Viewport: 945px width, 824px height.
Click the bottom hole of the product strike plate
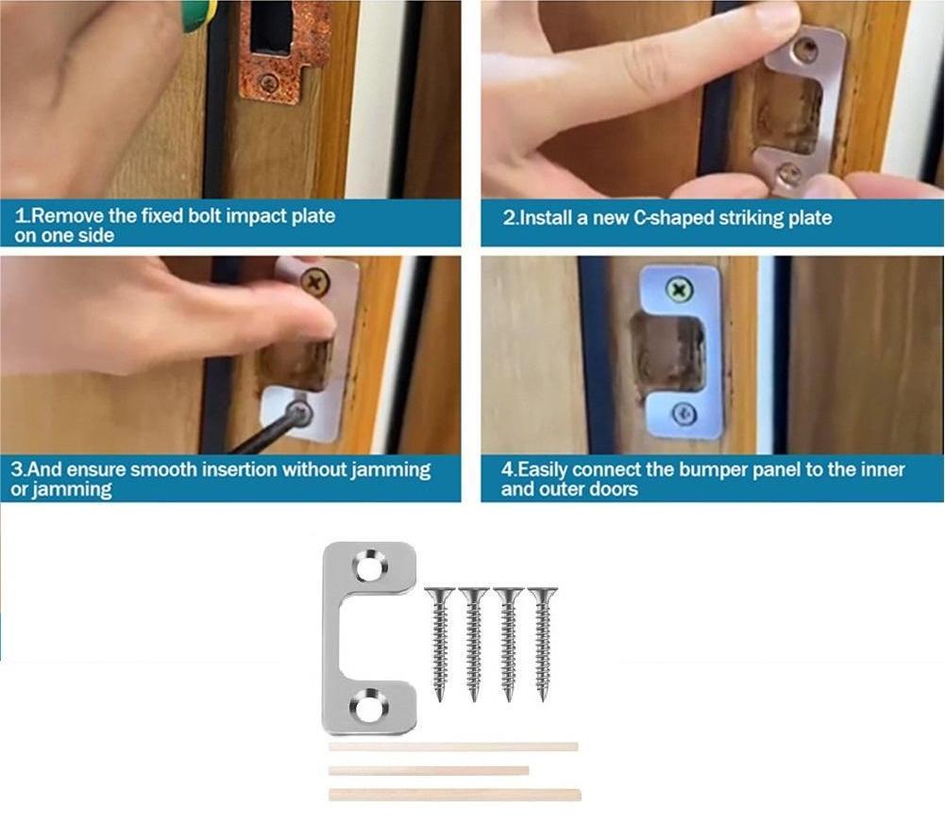coord(366,705)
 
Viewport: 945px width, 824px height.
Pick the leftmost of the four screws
coord(440,642)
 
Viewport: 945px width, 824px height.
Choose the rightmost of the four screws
coord(542,642)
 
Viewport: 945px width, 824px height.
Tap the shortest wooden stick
coord(428,770)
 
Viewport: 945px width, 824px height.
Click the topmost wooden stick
coord(453,747)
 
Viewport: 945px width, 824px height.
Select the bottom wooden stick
coord(454,795)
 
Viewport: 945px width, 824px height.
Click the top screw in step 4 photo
coord(677,290)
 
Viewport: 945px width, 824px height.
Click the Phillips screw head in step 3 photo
coord(312,280)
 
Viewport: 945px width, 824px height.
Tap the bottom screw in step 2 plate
coord(791,173)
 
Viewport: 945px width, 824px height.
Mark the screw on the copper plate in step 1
coord(268,83)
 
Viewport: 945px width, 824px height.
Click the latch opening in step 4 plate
coord(668,351)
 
